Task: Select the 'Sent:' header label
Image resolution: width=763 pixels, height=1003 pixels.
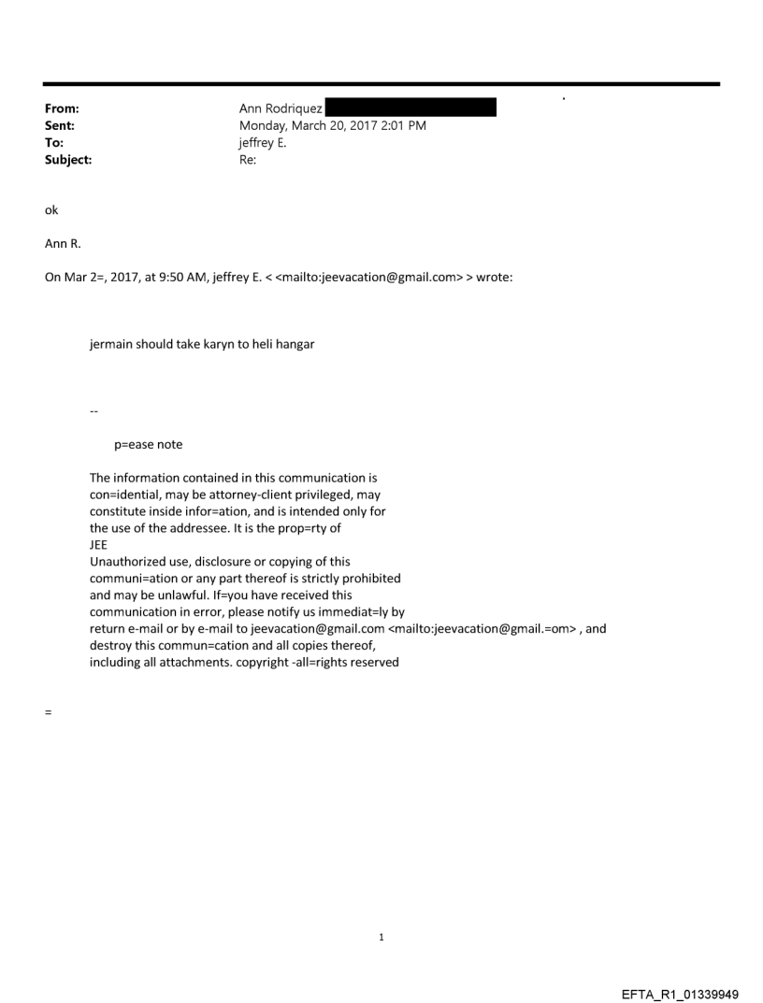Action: click(x=60, y=125)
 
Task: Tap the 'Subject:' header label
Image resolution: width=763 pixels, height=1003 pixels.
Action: click(x=68, y=160)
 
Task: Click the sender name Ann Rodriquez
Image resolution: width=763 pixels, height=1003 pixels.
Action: click(x=281, y=108)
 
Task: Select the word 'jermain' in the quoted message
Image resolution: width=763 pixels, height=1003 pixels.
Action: click(x=110, y=344)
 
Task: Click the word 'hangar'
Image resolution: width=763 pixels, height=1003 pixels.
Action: click(x=294, y=344)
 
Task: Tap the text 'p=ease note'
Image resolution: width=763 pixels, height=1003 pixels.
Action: click(x=148, y=444)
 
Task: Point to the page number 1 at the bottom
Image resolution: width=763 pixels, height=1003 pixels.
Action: click(x=381, y=937)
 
